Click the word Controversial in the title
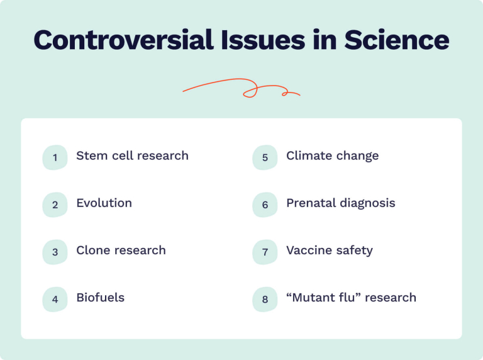tap(117, 40)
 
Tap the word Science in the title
tap(396, 40)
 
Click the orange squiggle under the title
tap(241, 88)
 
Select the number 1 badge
tap(55, 157)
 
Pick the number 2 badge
tap(55, 205)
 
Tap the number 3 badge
tap(55, 252)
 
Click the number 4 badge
tap(55, 299)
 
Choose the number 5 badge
tap(265, 157)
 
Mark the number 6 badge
tap(265, 205)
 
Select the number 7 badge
tap(265, 252)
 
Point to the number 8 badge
tap(265, 299)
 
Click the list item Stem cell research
tap(132, 155)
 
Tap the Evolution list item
tap(104, 203)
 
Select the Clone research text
tap(121, 250)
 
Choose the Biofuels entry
tap(100, 297)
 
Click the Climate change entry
tap(332, 155)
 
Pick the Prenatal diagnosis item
tap(340, 203)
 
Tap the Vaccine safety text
tap(329, 250)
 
